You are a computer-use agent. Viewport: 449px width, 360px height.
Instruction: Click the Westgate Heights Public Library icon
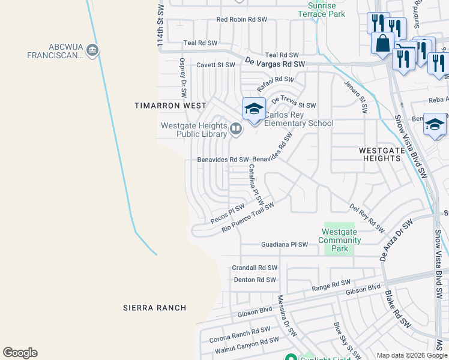(x=237, y=128)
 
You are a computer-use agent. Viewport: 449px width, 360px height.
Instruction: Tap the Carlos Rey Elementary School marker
(x=254, y=109)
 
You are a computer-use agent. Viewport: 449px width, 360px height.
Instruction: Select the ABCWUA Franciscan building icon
(x=92, y=50)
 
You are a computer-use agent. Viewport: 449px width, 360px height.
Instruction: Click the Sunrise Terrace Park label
(x=326, y=9)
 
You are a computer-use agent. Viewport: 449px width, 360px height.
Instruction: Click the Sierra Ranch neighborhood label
(x=154, y=308)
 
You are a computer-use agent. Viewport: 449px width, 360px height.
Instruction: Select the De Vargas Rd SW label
(x=276, y=62)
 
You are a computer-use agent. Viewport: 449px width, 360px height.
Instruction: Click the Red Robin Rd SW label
(x=241, y=19)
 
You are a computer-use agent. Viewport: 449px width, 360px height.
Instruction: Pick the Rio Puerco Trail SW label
(x=247, y=217)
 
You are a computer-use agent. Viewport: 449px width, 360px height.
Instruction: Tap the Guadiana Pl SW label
(x=285, y=245)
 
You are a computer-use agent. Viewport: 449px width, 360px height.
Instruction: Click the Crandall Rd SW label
(x=255, y=268)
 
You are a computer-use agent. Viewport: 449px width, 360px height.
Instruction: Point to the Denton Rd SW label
(x=254, y=280)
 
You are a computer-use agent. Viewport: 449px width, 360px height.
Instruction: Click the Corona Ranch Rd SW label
(x=240, y=335)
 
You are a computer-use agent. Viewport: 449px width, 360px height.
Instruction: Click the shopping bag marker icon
(x=382, y=43)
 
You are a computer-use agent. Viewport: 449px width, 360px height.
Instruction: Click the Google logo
(x=20, y=353)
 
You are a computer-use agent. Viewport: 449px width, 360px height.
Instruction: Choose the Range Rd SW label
(x=331, y=286)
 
